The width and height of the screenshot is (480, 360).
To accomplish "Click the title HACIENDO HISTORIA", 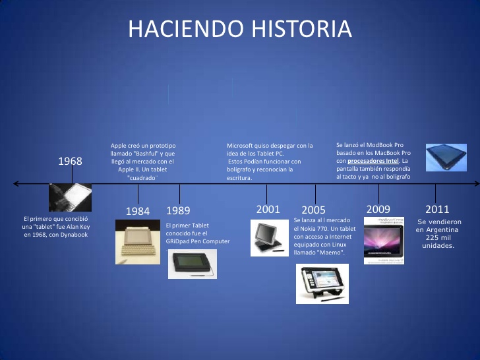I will pyautogui.click(x=240, y=29).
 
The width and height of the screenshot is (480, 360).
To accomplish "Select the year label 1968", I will pyautogui.click(x=70, y=161).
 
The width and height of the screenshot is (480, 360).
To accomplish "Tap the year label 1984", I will pyautogui.click(x=138, y=211).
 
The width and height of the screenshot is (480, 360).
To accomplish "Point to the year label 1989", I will pyautogui.click(x=178, y=211).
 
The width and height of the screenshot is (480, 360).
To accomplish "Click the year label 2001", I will pyautogui.click(x=268, y=209).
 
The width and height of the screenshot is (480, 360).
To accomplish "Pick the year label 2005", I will pyautogui.click(x=313, y=210).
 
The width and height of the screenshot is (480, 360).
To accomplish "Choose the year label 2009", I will pyautogui.click(x=378, y=209).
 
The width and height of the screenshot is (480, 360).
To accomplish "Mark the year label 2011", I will pyautogui.click(x=437, y=209).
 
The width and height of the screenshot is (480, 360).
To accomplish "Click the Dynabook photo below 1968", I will pyautogui.click(x=69, y=197).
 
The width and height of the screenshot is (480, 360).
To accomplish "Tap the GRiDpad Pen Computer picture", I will pyautogui.click(x=191, y=263).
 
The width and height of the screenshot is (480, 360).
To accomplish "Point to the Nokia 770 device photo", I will pyautogui.click(x=322, y=284).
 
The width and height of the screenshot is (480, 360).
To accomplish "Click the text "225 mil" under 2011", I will pyautogui.click(x=438, y=237).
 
